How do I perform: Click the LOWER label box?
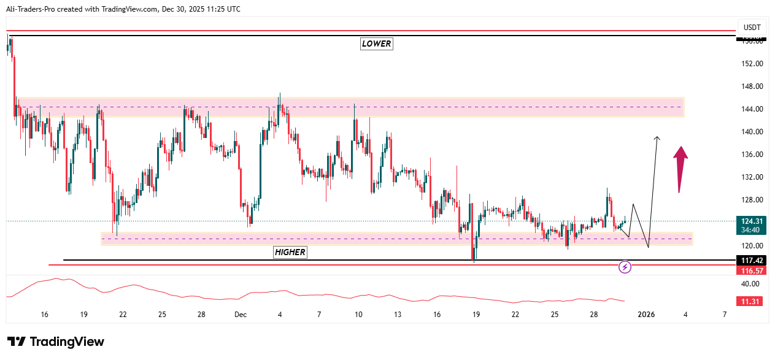[376, 44]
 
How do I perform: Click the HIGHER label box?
[290, 252]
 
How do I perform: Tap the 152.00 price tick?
[752, 64]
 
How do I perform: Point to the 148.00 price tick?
[752, 86]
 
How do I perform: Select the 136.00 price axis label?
[752, 155]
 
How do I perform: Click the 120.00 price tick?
[752, 245]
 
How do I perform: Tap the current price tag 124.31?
[751, 221]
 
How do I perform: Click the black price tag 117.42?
[751, 261]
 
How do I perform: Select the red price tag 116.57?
[751, 270]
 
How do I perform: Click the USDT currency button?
[752, 28]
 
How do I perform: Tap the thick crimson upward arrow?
[680, 169]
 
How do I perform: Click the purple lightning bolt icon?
[625, 267]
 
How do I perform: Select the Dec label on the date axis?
[241, 315]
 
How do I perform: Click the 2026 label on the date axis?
[646, 315]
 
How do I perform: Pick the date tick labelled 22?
[515, 315]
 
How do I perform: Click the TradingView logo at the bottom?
[56, 342]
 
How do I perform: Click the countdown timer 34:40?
[751, 230]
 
